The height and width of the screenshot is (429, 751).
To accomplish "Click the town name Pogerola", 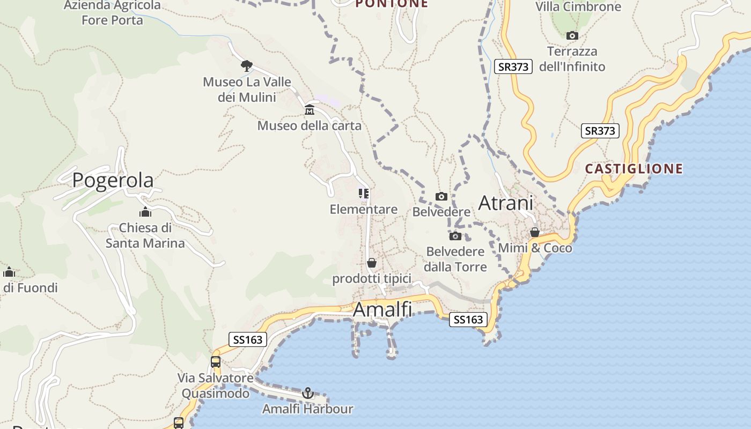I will tap(113, 180).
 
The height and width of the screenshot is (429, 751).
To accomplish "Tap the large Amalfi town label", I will tap(382, 309).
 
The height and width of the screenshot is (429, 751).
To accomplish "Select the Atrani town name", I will tap(505, 203).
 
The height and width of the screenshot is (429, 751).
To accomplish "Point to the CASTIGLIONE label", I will tap(634, 169).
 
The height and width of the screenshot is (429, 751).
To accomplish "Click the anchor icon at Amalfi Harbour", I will tap(307, 393).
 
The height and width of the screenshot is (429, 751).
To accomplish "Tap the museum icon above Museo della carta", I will tap(310, 110).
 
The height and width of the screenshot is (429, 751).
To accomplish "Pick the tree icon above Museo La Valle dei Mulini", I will tap(246, 66).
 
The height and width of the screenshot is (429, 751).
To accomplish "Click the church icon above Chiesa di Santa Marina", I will tap(145, 212).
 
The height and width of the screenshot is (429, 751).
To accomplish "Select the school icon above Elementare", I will tap(364, 193).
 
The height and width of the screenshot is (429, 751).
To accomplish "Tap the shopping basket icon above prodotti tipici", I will tap(371, 263).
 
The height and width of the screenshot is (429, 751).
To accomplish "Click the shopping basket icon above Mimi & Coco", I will tap(535, 232).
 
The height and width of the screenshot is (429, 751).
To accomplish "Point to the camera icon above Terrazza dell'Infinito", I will tap(572, 35).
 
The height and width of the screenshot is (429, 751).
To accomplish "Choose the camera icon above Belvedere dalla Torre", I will tap(455, 236).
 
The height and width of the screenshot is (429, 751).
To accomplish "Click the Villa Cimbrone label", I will tap(578, 7).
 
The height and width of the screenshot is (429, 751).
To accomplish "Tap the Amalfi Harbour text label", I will tap(307, 409).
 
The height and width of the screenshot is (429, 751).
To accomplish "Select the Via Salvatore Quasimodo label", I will tap(216, 386).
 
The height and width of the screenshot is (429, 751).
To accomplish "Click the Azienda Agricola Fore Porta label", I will tap(112, 13).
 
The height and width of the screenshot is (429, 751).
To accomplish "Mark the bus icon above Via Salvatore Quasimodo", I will tap(216, 362).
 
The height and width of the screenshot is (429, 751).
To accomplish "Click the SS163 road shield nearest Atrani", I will tap(468, 320).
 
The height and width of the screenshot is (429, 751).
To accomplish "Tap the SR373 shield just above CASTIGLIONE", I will tap(600, 131).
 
